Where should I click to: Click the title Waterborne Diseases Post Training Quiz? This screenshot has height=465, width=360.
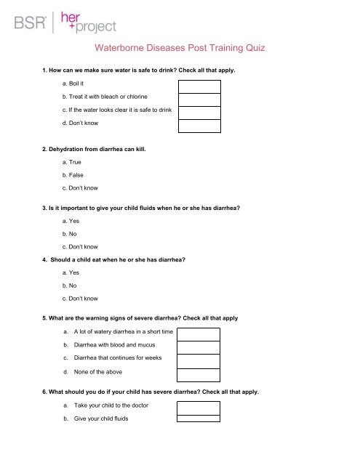[x=180, y=49]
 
